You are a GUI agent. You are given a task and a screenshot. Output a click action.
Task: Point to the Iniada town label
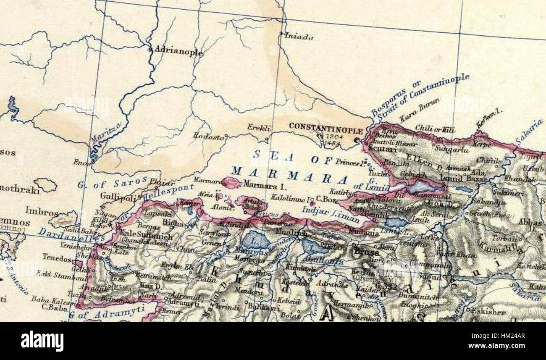click(299, 37)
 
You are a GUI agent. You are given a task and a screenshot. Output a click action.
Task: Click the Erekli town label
click(259, 128)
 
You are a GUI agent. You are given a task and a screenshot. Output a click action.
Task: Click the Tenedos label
click(57, 259)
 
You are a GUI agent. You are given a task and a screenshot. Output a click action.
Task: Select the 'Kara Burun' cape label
click(419, 110)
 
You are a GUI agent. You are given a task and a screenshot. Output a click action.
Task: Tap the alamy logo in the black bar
click(42, 341)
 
